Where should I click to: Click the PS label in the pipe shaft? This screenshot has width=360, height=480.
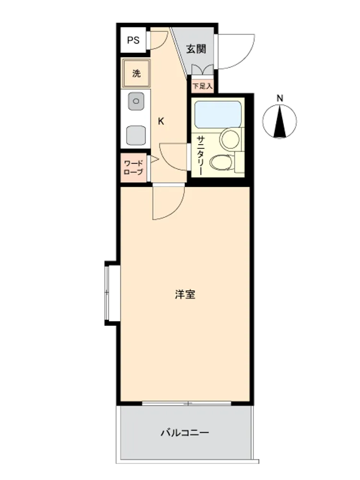click(x=133, y=40)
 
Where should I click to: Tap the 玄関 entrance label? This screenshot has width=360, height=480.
click(x=196, y=48)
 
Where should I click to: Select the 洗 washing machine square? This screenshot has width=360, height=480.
click(x=136, y=73)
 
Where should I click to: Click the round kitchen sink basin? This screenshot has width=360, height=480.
click(x=136, y=101)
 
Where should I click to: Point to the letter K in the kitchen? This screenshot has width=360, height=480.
click(x=161, y=121)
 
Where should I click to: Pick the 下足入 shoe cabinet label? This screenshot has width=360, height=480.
click(x=202, y=86)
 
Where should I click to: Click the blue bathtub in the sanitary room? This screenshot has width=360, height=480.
click(x=217, y=115)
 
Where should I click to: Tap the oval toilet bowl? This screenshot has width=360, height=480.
click(x=221, y=162)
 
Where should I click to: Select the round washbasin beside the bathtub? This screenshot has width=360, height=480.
click(x=230, y=140)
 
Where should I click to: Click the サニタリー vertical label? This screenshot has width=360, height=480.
click(x=201, y=156)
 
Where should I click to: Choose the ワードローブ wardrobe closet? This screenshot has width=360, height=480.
click(x=133, y=168)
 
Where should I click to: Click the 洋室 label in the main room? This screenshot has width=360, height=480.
click(x=185, y=295)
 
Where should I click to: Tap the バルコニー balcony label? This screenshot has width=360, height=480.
click(x=185, y=432)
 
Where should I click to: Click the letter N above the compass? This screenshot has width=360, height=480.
click(x=280, y=98)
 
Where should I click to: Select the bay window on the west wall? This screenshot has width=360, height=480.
click(x=112, y=293)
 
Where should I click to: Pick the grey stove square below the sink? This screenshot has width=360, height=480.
click(x=136, y=135)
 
